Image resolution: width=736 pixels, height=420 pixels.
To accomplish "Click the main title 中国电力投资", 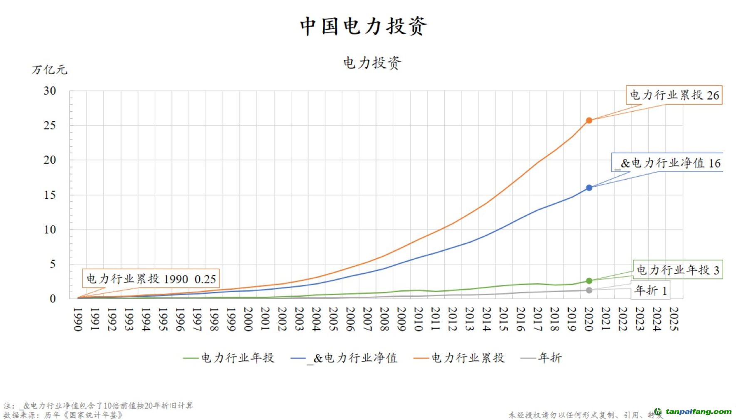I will tap(363, 26).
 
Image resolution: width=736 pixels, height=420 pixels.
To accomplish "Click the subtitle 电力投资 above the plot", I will tap(372, 63).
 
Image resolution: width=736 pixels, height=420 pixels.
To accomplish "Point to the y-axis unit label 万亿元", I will tap(49, 70).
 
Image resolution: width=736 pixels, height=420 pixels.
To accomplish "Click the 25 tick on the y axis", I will tap(50, 125).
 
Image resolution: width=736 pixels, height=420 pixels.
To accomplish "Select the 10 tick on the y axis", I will tap(50, 230).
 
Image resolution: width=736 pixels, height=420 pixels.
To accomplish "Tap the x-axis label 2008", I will tap(384, 319).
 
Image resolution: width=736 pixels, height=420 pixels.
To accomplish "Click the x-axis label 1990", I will tap(78, 319).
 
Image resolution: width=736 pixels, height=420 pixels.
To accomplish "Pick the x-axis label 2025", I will tap(674, 319).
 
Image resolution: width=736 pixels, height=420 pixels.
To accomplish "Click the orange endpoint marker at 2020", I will tap(589, 120).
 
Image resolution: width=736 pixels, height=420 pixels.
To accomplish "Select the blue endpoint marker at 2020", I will tap(589, 188).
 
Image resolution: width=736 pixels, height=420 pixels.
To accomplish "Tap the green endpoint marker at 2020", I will tap(589, 281).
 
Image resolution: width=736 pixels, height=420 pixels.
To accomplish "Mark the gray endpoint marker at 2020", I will tap(589, 290).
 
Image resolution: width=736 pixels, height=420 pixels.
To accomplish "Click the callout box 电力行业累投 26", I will tap(674, 95).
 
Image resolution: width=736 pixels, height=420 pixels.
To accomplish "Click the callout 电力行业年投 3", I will tap(678, 270).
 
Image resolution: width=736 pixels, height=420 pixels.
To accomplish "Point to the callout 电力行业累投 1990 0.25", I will tap(151, 279).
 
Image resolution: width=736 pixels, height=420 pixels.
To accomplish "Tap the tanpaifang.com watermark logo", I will tap(693, 412).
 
